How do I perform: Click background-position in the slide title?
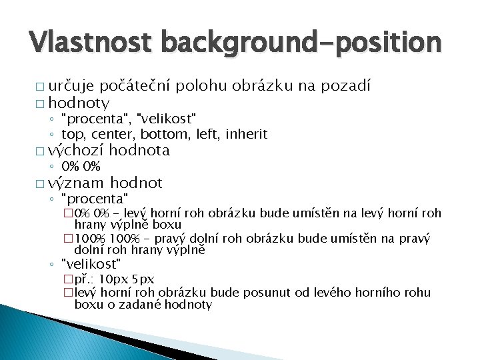pyautogui.click(x=302, y=43)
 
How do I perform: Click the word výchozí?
pyautogui.click(x=75, y=151)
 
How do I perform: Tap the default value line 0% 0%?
pyautogui.click(x=81, y=167)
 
